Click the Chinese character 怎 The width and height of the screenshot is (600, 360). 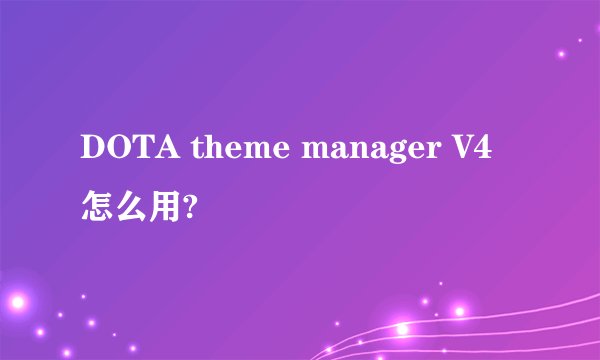pyautogui.click(x=99, y=209)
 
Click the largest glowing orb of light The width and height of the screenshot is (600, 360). pyautogui.click(x=17, y=299)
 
